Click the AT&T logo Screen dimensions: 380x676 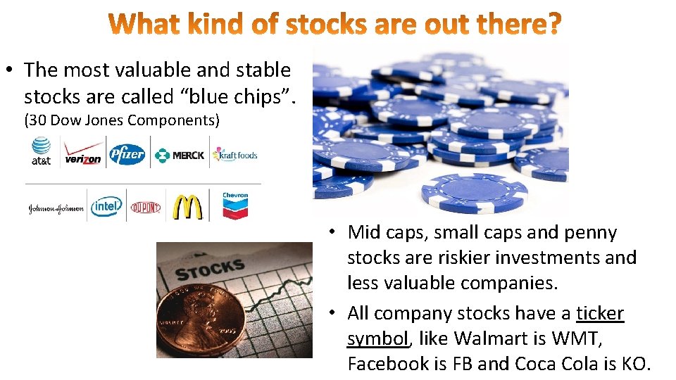(41, 151)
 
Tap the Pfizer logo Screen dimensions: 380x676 (127, 154)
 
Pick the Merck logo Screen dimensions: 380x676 (180, 155)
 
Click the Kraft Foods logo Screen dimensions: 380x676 (235, 154)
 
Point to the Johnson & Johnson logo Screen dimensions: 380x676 (56, 208)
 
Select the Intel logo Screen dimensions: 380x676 (106, 206)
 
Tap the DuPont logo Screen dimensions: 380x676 (146, 207)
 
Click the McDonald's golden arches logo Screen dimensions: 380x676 (188, 206)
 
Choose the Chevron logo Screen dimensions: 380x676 (235, 205)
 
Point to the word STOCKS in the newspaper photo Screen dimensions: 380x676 (209, 269)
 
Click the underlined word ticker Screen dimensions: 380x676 (600, 313)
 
